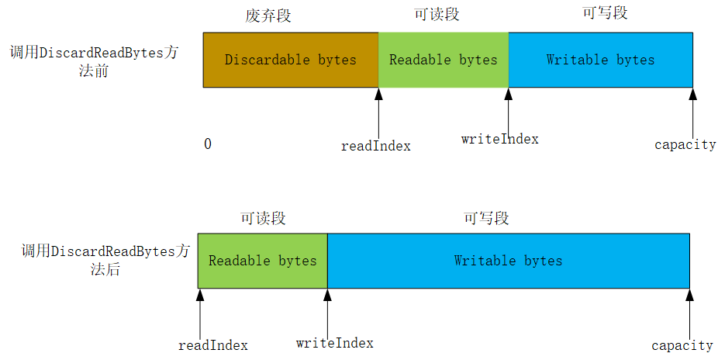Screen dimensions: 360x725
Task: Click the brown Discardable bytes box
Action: point(291,60)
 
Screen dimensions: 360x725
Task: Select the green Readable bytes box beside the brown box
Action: point(443,60)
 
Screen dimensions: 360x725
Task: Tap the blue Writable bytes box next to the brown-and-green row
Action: point(600,60)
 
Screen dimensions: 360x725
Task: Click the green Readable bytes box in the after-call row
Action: point(262,261)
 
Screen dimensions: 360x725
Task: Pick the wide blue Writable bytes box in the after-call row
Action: point(508,261)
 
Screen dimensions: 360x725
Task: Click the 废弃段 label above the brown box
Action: point(268,16)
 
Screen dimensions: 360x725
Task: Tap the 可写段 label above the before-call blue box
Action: point(604,13)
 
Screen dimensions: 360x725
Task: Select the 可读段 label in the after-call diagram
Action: point(263,219)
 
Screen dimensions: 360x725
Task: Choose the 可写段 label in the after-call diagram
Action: point(486,219)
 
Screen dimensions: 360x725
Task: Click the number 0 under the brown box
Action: point(208,144)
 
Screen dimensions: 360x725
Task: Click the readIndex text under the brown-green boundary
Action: point(376,146)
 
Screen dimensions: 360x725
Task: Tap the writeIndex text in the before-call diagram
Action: point(499,140)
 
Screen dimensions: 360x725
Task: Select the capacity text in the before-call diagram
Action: point(685,145)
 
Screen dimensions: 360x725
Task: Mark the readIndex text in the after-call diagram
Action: point(213,345)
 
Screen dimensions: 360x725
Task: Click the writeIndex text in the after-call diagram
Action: point(335,343)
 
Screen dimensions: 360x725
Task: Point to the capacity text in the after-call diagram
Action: point(682,345)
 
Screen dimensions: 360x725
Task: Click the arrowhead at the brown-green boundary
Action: point(378,94)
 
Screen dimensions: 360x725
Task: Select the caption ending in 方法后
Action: point(105,260)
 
